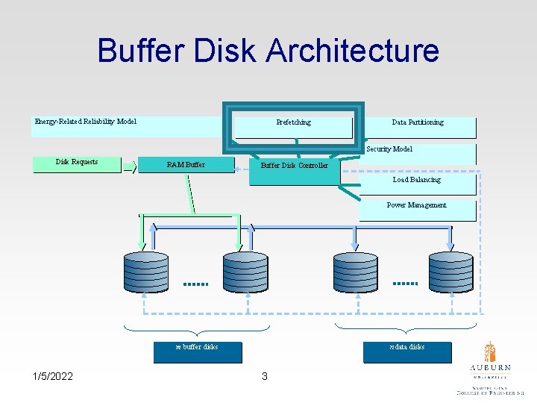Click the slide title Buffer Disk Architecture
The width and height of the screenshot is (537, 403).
(x=268, y=51)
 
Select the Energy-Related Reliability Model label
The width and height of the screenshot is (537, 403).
(x=86, y=122)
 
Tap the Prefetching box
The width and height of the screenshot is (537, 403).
(x=293, y=123)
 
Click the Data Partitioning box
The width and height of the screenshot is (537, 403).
(x=418, y=123)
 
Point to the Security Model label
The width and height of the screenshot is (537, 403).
(x=389, y=149)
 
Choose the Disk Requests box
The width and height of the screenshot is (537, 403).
(x=77, y=163)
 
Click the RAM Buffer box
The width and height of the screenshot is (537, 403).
(x=186, y=165)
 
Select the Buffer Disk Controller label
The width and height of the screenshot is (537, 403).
(x=294, y=166)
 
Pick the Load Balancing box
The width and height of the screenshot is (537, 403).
(x=416, y=180)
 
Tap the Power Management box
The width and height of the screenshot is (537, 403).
(x=416, y=206)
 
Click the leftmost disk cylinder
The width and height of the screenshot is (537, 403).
(x=145, y=271)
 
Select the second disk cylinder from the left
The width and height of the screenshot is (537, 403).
(x=245, y=271)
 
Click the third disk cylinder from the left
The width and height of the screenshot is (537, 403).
(x=355, y=271)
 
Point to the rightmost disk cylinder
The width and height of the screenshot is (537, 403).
(x=450, y=271)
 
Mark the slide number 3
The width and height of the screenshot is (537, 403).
(x=264, y=376)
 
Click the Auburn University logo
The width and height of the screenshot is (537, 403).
(x=490, y=369)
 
